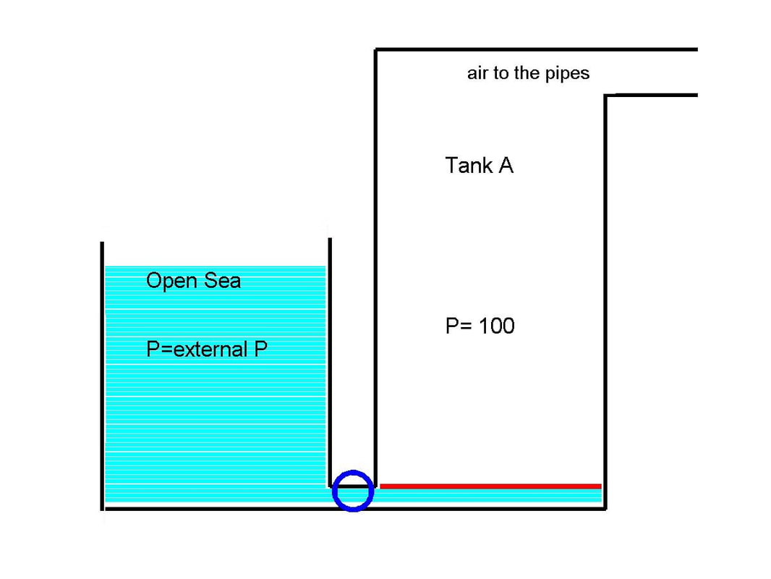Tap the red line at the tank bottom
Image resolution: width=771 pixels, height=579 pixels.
490,486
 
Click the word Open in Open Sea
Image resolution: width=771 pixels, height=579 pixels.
171,281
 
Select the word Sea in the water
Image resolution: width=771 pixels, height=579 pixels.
222,280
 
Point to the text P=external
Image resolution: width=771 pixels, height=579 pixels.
197,350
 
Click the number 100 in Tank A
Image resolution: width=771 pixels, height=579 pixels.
497,326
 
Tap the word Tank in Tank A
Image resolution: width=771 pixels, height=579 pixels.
469,165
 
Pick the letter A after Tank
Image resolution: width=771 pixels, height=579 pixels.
506,165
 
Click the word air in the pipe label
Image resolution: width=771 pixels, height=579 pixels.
477,73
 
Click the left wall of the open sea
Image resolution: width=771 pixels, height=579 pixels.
102,376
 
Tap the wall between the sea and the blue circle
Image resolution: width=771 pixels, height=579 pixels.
329,363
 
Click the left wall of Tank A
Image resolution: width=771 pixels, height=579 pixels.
375,268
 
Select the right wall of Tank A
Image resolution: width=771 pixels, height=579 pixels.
605,302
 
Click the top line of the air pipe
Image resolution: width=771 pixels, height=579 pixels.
537,50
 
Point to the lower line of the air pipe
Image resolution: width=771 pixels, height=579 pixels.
652,95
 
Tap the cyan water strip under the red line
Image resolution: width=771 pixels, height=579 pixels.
490,496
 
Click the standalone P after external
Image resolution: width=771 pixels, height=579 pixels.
260,350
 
